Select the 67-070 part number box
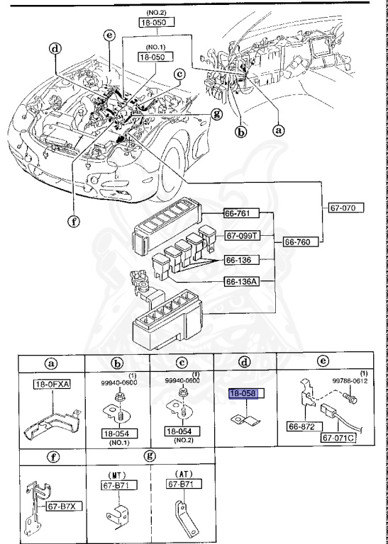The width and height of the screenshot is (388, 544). pos(346,208)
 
